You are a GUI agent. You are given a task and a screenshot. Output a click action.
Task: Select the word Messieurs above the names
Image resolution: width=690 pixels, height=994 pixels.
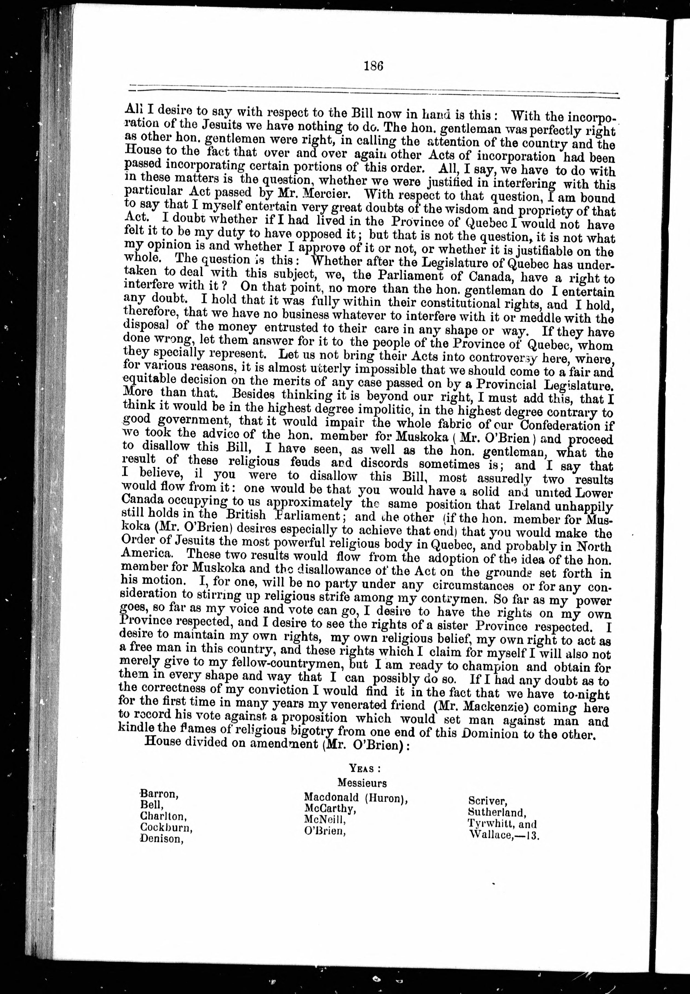(362, 783)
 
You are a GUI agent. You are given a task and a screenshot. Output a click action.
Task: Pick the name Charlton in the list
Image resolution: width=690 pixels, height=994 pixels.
(163, 816)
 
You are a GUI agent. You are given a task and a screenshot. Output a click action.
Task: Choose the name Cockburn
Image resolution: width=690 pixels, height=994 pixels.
(166, 828)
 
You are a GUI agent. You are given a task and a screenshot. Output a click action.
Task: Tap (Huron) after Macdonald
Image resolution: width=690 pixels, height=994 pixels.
(386, 798)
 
